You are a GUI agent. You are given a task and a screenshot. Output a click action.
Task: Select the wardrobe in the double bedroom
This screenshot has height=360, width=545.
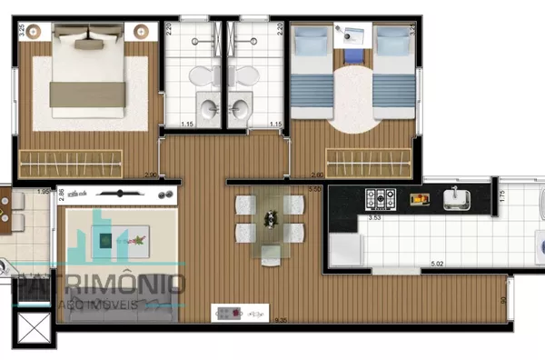(x=71, y=163)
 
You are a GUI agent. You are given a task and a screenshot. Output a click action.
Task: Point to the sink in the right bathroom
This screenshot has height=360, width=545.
(x=242, y=106)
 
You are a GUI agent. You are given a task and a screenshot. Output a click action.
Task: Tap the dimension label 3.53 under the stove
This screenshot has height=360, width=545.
(x=374, y=218)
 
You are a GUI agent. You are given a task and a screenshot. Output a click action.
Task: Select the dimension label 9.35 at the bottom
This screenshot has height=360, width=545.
(x=256, y=318)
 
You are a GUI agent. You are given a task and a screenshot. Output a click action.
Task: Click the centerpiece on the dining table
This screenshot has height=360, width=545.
(x=270, y=218)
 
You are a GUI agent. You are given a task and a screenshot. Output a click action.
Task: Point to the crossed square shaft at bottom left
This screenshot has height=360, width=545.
(x=36, y=328)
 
